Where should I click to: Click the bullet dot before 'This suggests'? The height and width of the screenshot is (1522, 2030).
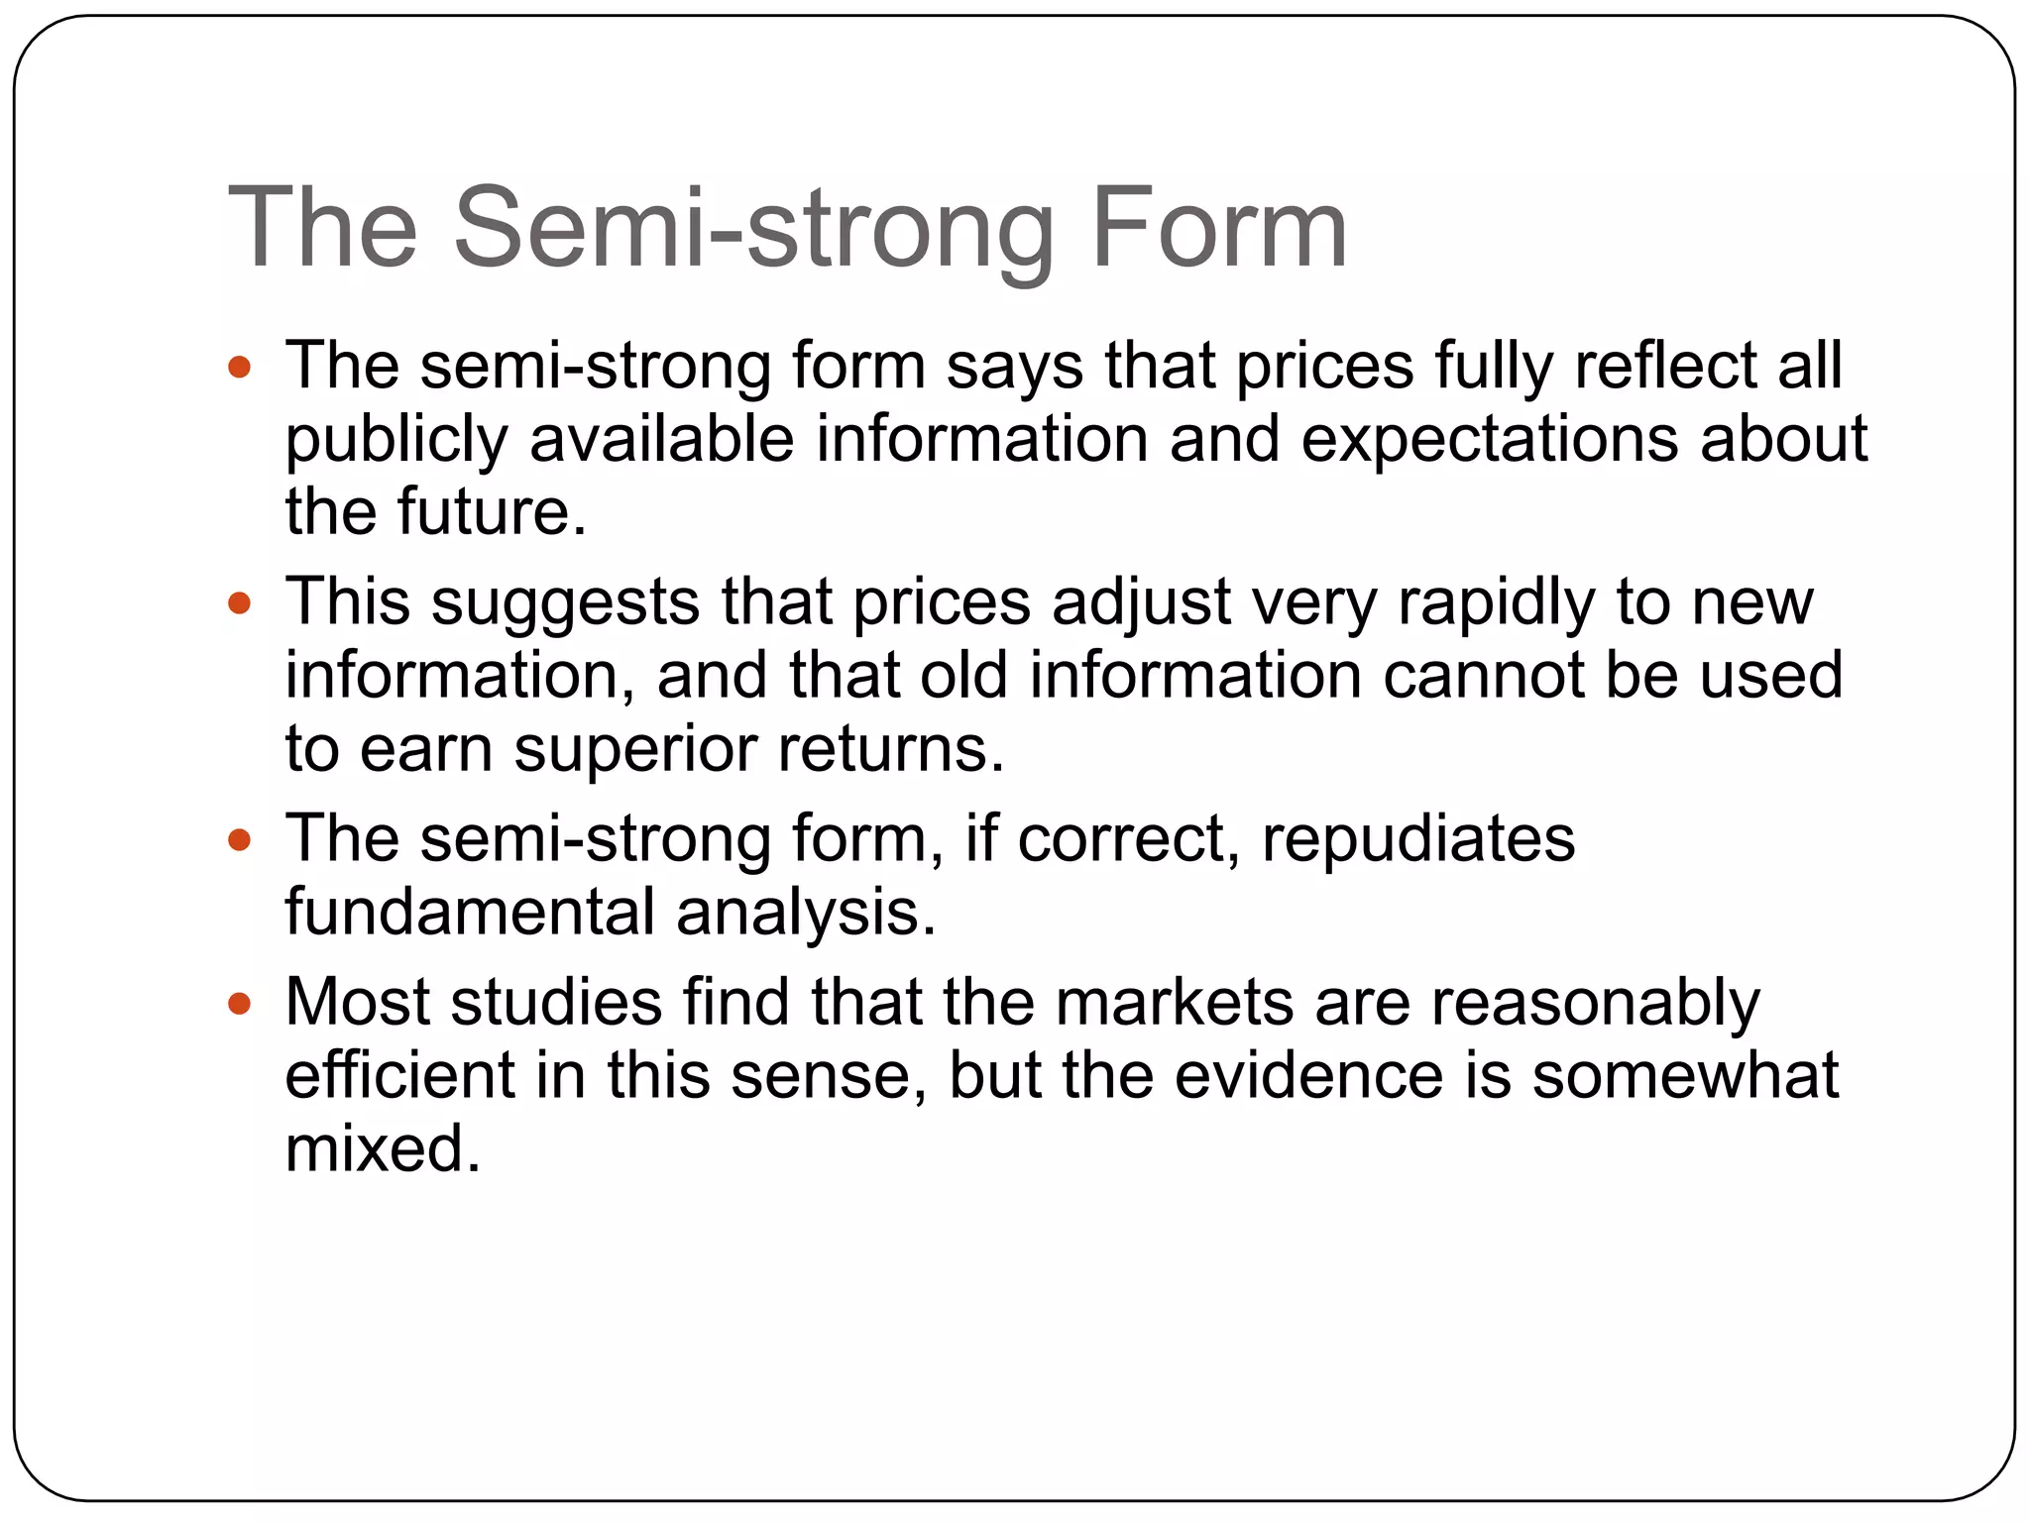point(240,602)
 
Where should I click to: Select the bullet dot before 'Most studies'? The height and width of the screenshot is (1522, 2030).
point(240,1004)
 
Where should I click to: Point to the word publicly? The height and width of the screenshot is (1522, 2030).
point(396,440)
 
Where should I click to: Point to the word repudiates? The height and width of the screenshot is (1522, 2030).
point(1417,838)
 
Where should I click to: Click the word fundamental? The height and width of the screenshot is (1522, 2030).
point(470,912)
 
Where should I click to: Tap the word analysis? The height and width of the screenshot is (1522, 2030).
point(806,912)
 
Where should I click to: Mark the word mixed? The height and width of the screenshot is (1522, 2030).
point(383,1148)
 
